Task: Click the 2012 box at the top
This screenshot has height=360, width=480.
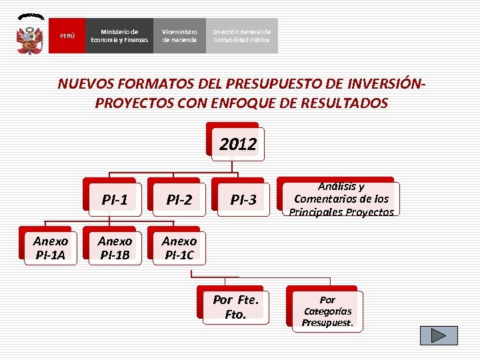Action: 238,144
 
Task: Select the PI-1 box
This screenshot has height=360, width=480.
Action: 115,199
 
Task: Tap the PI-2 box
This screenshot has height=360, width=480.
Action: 179,199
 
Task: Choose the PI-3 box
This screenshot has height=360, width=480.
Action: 243,199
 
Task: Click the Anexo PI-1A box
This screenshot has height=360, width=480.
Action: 50,247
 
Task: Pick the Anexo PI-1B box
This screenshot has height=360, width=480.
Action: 115,247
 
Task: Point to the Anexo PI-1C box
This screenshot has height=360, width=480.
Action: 179,247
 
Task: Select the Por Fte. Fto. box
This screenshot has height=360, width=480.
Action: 235,307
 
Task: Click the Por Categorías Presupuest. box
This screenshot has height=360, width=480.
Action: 327,311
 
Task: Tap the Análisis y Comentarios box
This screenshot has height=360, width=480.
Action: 341,199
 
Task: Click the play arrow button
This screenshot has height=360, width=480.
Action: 439,335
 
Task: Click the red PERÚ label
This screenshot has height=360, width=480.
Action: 67,35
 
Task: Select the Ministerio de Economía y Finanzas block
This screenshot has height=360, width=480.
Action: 120,35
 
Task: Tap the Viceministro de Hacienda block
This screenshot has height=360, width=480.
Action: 179,35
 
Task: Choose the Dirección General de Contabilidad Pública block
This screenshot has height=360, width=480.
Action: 241,35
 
